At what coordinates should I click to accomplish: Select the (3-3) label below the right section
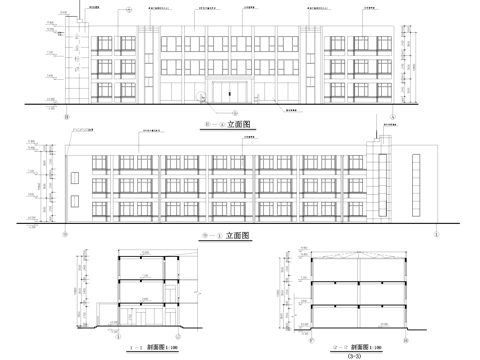point(351,355)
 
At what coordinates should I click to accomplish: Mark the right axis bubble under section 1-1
point(190,334)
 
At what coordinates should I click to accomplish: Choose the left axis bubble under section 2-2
point(310,334)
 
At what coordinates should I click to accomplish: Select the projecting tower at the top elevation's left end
point(71,60)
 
